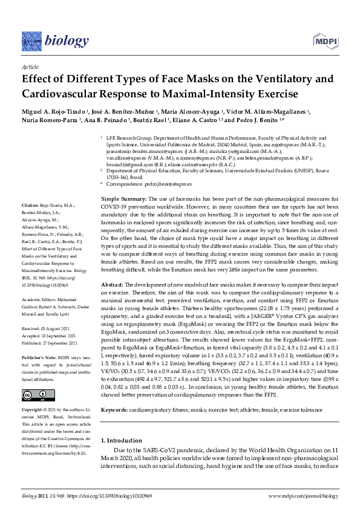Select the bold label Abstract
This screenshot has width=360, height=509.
pos(113,284)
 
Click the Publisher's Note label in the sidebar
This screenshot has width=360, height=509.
pos(38,357)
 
